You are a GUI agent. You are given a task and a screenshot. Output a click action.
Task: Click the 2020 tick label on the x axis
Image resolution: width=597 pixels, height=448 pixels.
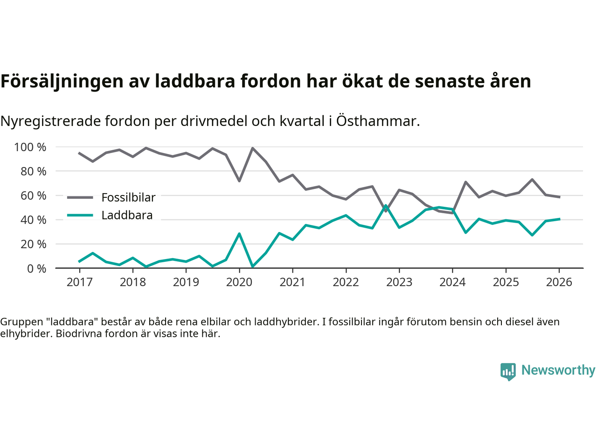pos(239,282)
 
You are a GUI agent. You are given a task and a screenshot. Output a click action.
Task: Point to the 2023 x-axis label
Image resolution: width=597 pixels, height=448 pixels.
pos(399,282)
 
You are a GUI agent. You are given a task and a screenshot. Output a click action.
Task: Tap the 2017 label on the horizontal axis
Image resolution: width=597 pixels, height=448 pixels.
pos(79,282)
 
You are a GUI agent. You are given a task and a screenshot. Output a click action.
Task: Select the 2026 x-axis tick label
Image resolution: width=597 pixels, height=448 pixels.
pos(559,282)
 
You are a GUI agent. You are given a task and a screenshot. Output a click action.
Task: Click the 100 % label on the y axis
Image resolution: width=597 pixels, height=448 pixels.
pos(30,147)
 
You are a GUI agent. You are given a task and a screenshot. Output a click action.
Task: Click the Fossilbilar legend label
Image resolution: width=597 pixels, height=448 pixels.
pos(128,197)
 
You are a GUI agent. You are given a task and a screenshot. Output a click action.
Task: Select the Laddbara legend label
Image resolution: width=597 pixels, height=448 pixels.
pos(127,215)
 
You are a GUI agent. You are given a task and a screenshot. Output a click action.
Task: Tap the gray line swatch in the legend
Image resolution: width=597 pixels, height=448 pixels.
pos(80,197)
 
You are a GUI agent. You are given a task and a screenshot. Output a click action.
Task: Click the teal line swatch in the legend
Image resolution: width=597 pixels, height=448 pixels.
pos(80,215)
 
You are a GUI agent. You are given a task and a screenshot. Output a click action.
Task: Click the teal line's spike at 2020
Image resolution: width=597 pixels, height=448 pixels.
pos(239,234)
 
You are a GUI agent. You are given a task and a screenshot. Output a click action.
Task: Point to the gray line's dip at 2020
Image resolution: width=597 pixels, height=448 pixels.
pos(239,181)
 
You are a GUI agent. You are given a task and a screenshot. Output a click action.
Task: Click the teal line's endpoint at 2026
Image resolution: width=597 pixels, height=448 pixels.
pos(559,219)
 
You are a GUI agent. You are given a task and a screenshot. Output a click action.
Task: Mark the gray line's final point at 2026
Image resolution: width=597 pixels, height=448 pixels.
pos(559,197)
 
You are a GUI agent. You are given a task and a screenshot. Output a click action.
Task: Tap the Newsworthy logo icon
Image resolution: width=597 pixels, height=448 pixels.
pos(508,371)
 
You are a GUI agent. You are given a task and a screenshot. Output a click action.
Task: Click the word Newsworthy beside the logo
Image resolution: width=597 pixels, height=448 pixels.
pos(558,370)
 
